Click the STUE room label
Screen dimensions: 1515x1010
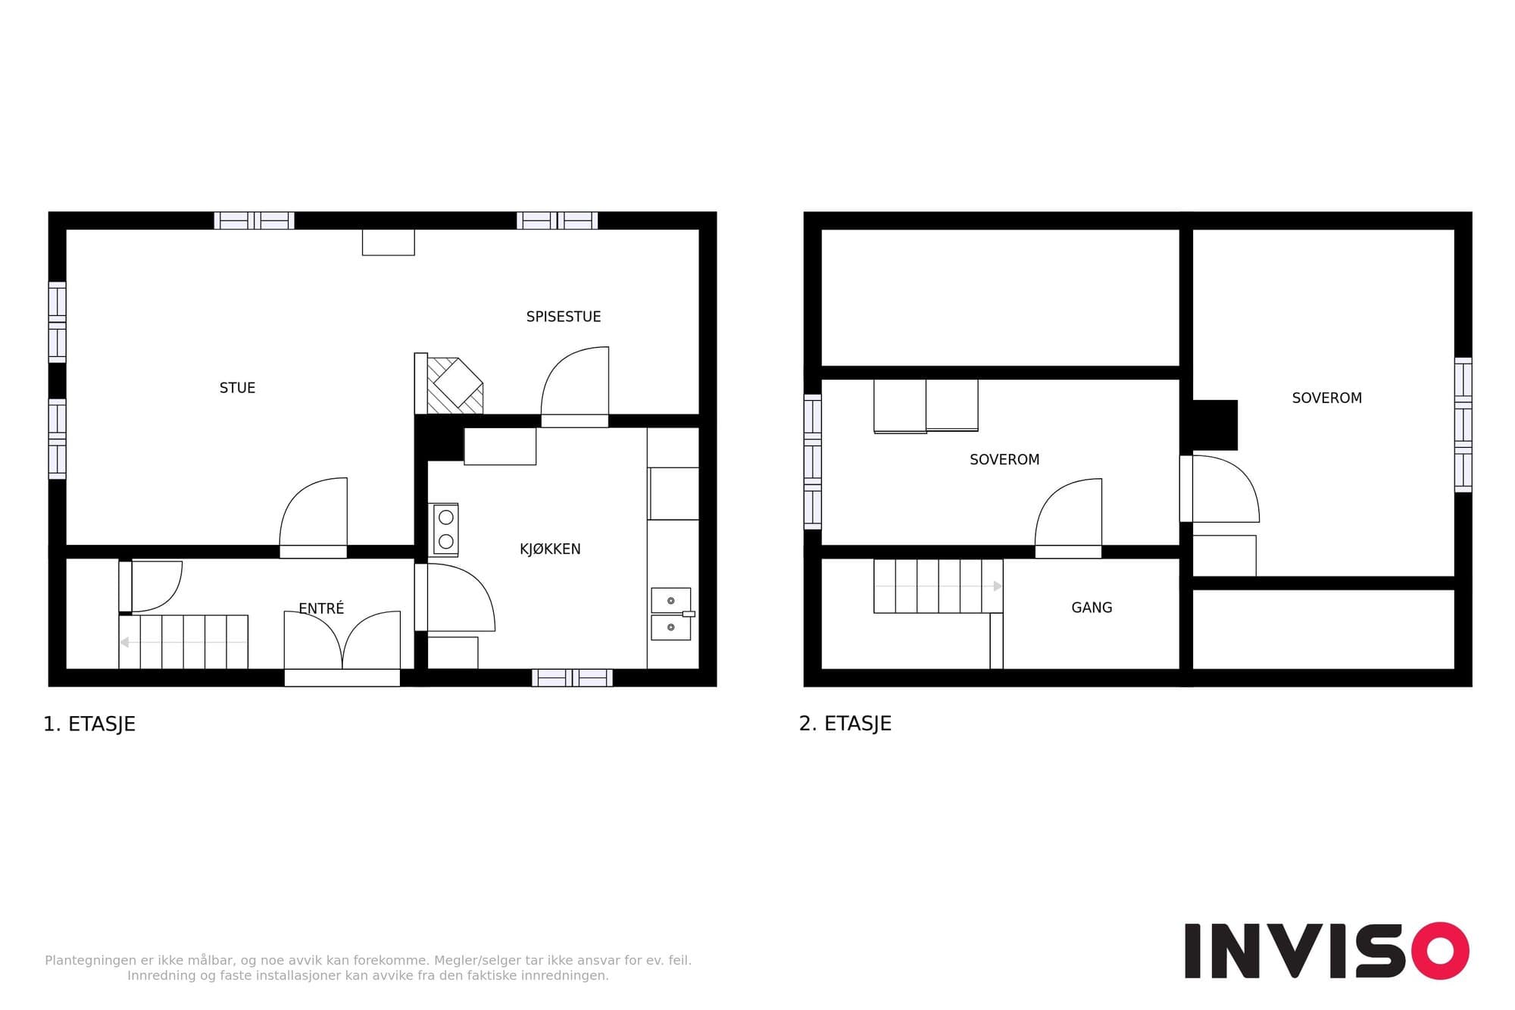click(237, 388)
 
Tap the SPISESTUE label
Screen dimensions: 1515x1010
click(564, 317)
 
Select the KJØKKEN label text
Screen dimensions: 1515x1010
click(550, 549)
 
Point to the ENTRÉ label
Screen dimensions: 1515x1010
click(321, 608)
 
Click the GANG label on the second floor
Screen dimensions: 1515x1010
click(1092, 608)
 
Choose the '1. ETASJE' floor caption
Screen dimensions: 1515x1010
click(89, 724)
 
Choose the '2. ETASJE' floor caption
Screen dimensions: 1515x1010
click(845, 724)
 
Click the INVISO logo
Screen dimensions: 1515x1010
click(1326, 951)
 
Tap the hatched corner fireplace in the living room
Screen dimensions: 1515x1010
click(454, 386)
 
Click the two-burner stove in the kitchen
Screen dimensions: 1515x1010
click(445, 530)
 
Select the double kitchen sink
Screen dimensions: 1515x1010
click(671, 614)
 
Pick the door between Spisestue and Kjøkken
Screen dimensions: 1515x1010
click(575, 387)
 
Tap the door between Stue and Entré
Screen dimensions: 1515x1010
click(314, 518)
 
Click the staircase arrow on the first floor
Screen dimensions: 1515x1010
click(183, 643)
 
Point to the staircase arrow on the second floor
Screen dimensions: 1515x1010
click(939, 586)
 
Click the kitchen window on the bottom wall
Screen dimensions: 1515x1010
click(572, 677)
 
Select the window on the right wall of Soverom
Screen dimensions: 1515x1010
click(1463, 425)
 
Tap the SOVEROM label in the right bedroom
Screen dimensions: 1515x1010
click(1326, 398)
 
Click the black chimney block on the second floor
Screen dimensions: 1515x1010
click(1215, 425)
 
